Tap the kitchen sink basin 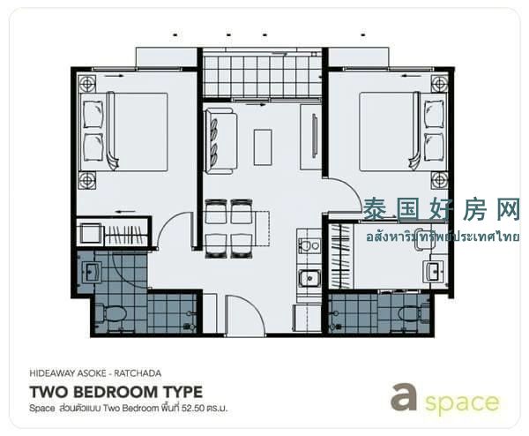click(x=309, y=278)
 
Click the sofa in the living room click(x=220, y=141)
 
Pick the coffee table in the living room click(x=263, y=147)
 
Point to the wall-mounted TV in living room click(x=315, y=136)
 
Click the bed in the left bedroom click(x=123, y=132)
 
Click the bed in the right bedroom click(x=404, y=132)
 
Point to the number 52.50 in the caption click(x=192, y=409)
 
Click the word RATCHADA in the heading click(x=138, y=373)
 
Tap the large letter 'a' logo click(x=404, y=396)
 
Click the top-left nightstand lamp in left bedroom click(x=86, y=84)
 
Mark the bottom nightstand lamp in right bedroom click(x=440, y=180)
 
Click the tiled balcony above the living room click(x=263, y=76)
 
